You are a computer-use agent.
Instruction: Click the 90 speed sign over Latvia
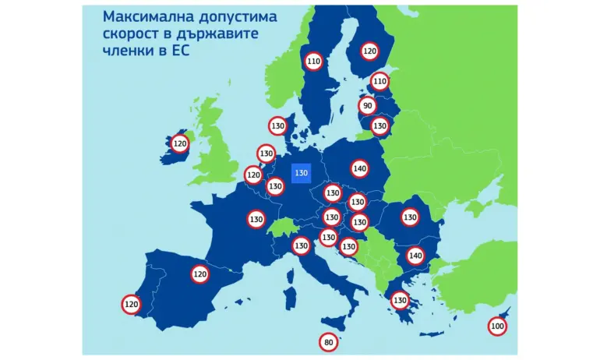[368, 106]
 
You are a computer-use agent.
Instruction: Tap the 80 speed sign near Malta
[328, 341]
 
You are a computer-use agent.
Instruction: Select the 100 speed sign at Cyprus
[497, 327]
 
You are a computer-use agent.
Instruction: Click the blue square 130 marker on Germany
[302, 173]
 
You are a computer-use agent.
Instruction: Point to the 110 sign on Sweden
[313, 62]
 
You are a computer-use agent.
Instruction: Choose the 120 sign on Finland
[370, 51]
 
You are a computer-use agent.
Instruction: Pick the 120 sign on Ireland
[180, 143]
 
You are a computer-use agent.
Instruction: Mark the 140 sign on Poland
[359, 168]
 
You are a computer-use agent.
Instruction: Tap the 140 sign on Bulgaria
[415, 256]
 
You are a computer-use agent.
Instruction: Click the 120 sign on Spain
[200, 274]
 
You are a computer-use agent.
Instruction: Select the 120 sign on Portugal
[131, 304]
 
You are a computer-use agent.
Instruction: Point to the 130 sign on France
[256, 220]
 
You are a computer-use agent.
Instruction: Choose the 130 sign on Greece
[400, 300]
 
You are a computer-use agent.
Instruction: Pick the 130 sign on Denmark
[277, 125]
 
